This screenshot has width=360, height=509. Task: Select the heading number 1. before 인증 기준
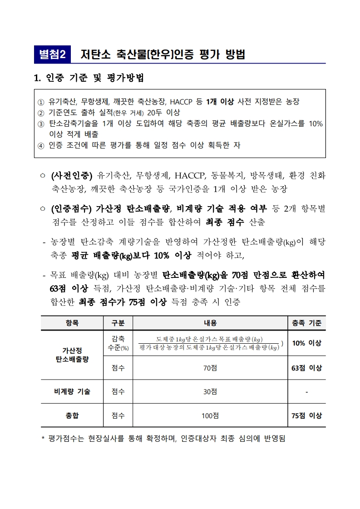[38, 78]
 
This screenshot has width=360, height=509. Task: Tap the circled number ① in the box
[41, 102]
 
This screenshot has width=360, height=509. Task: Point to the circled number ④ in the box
[41, 145]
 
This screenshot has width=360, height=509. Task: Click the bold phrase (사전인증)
[72, 175]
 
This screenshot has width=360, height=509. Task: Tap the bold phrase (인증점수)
[72, 209]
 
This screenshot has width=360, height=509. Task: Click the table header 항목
[72, 323]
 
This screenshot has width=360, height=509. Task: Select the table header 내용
[209, 323]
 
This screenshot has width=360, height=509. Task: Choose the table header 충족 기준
[306, 323]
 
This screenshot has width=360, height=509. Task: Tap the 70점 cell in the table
[209, 368]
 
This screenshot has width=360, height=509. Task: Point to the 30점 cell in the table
[209, 392]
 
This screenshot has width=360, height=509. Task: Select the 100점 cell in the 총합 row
[209, 415]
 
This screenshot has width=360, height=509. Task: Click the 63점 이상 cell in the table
[306, 368]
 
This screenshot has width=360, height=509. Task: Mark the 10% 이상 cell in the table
[306, 343]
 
